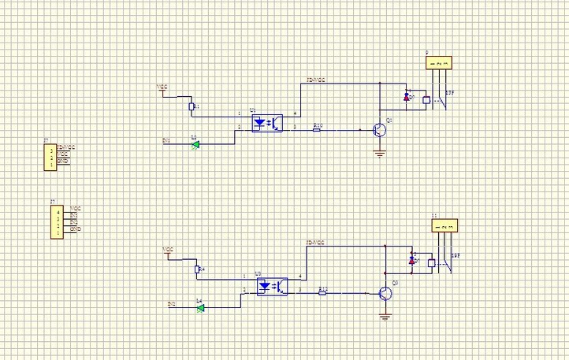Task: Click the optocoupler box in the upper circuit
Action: click(x=266, y=124)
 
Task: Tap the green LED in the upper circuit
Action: click(x=195, y=143)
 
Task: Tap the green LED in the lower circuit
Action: click(x=200, y=306)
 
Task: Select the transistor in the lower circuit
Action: click(x=385, y=294)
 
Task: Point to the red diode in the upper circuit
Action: click(x=407, y=97)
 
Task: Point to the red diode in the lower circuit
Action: click(x=411, y=259)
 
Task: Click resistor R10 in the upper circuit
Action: click(x=317, y=129)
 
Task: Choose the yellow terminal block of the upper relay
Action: click(x=441, y=62)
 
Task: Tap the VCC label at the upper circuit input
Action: click(x=162, y=87)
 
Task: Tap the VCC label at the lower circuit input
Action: click(x=167, y=250)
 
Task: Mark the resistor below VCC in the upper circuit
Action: click(x=192, y=106)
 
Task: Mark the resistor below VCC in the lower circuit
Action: click(x=197, y=269)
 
